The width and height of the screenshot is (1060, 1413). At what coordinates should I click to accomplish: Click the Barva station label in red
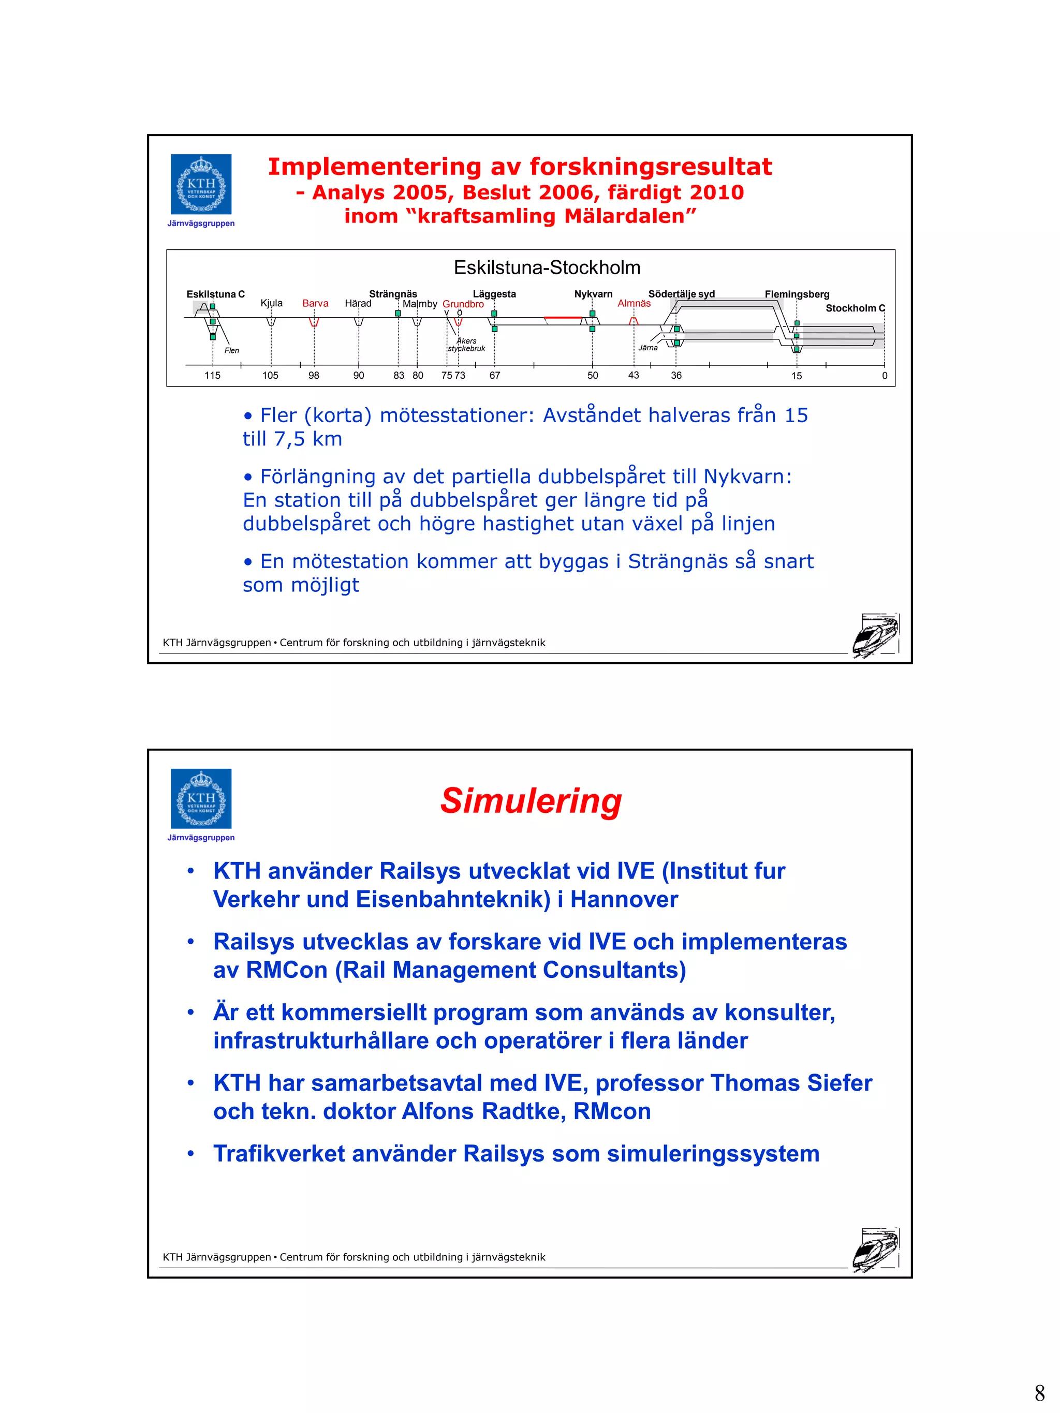315,303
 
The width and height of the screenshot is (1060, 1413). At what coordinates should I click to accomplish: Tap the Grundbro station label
463,304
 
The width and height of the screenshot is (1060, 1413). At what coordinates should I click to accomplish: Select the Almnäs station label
634,303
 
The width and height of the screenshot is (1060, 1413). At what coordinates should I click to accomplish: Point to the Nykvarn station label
593,294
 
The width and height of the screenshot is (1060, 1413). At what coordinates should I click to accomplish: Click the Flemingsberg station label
797,294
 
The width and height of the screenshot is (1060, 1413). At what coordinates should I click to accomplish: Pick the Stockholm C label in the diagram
855,308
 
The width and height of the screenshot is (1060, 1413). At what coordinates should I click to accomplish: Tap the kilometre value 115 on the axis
212,376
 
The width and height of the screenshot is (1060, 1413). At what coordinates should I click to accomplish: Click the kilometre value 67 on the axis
494,376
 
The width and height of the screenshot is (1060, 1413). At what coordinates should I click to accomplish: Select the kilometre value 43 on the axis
633,376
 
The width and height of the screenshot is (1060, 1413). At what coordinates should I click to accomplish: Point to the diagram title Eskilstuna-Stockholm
547,267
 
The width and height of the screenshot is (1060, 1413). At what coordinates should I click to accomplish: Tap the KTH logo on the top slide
201,184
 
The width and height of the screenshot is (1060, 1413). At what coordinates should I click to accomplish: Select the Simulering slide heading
531,800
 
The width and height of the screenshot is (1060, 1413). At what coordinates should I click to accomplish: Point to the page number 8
1039,1392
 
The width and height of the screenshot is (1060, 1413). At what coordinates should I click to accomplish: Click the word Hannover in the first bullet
624,899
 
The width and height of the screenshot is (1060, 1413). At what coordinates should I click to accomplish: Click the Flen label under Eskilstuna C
231,351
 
